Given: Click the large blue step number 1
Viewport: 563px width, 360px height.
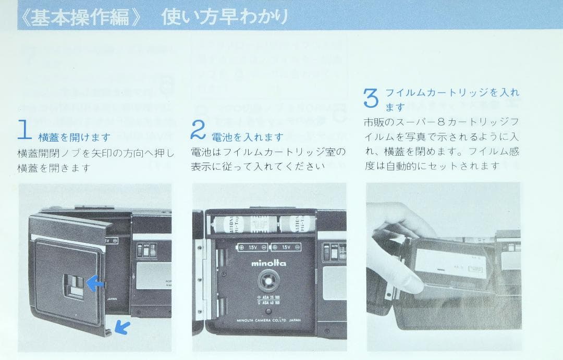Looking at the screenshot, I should point(25,130).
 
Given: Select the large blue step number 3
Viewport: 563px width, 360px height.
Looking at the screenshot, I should point(370,98).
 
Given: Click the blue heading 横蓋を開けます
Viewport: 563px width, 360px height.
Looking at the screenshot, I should point(74,138).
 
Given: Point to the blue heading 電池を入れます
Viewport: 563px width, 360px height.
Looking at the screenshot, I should point(247,137).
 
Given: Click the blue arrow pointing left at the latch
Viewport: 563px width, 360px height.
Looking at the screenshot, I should point(94,284).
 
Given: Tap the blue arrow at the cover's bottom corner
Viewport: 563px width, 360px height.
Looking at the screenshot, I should point(123,327).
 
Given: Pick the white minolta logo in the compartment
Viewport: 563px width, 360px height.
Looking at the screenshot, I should point(268,263).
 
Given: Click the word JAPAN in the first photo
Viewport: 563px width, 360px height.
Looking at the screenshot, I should point(112,300).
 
